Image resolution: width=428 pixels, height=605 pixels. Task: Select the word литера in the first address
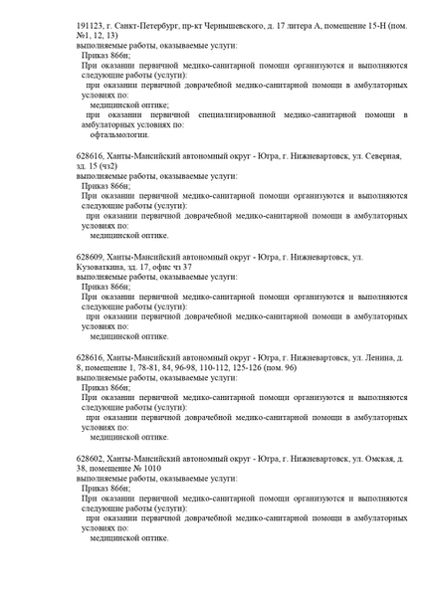(x=322, y=19)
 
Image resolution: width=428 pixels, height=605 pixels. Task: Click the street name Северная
(x=374, y=156)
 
